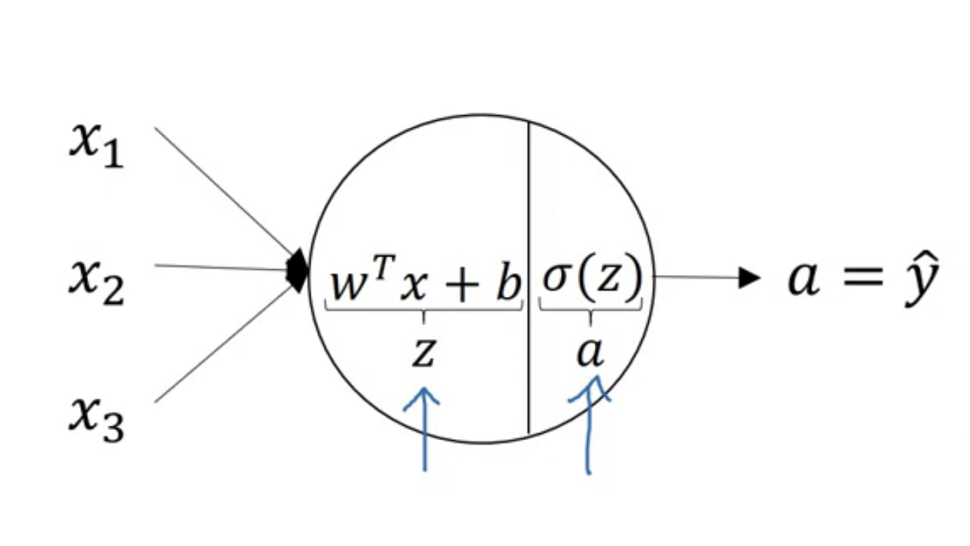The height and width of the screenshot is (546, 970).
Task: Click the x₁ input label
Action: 97,145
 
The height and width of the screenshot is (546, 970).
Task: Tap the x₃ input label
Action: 97,420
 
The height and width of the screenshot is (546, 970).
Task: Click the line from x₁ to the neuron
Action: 224,191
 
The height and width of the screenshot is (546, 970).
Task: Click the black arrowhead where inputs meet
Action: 298,271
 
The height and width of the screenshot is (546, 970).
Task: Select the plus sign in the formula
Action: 462,286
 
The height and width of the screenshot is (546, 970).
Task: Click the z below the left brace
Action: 423,353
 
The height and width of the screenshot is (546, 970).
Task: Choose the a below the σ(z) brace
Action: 590,353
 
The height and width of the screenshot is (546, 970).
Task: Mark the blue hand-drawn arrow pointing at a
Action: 589,425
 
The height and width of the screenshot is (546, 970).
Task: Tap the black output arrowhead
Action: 749,278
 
